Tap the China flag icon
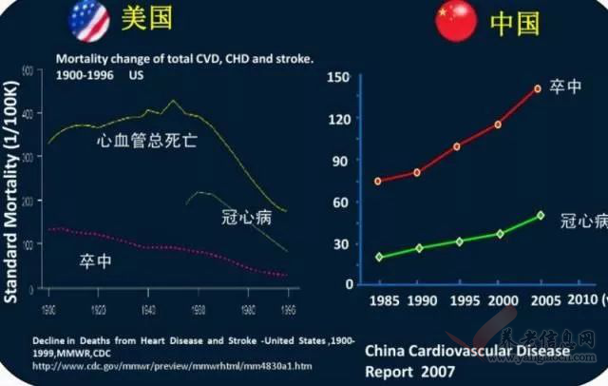(x=456, y=21)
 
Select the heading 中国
(x=515, y=23)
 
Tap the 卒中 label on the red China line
(x=565, y=87)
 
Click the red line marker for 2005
(x=539, y=88)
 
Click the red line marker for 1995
(x=457, y=146)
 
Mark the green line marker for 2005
(x=540, y=215)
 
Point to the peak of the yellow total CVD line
(x=172, y=100)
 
